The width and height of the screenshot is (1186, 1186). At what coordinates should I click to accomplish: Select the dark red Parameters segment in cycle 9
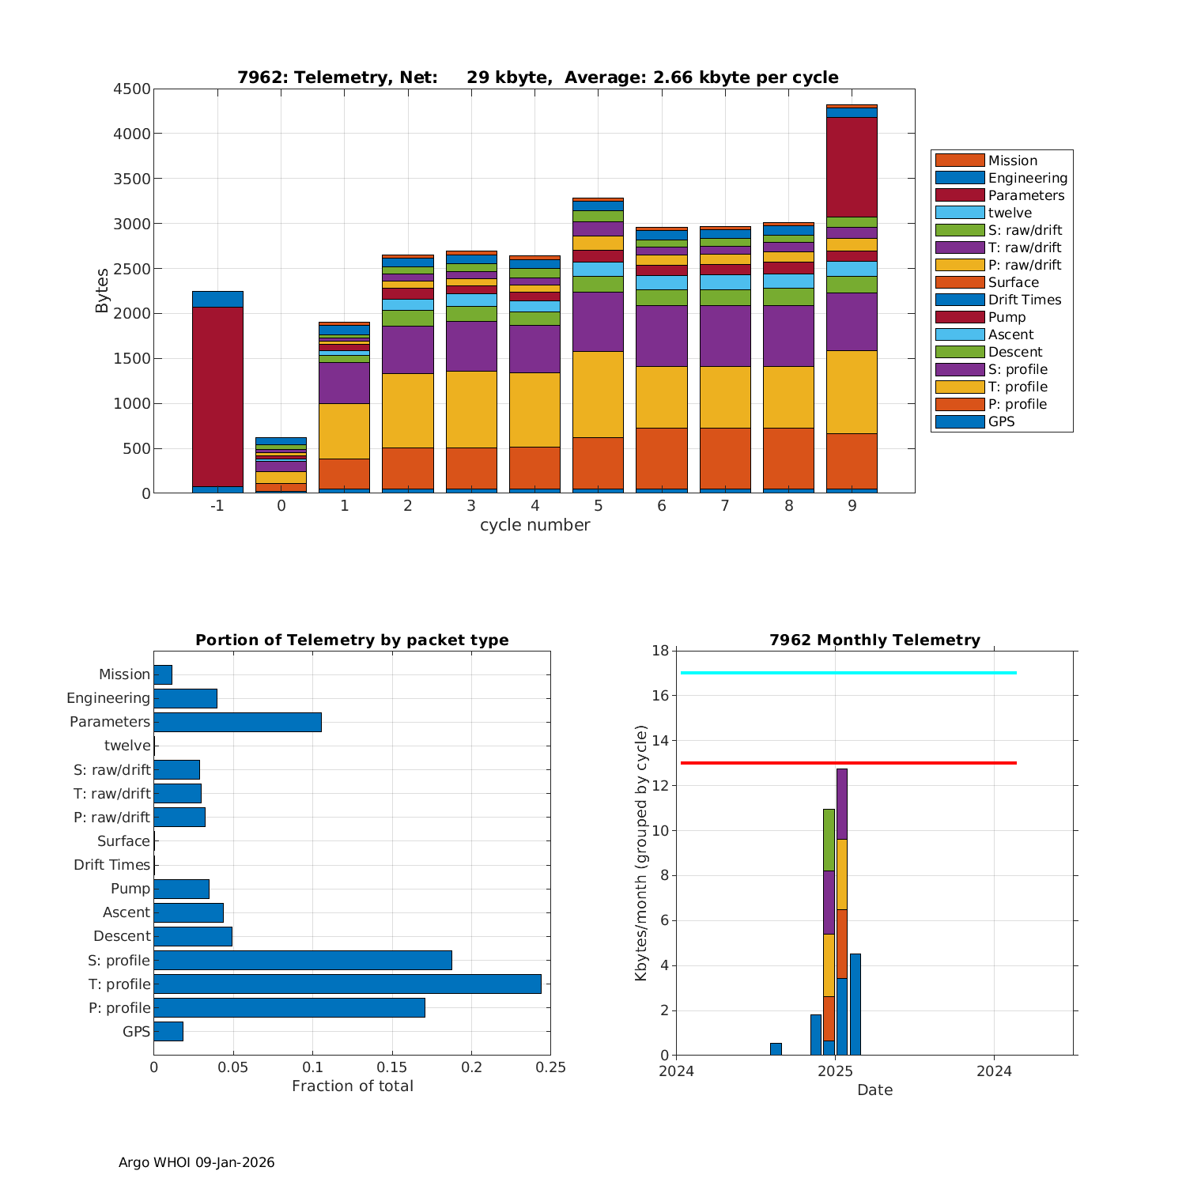point(852,166)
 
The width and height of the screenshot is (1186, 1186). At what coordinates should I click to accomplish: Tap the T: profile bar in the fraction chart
point(347,984)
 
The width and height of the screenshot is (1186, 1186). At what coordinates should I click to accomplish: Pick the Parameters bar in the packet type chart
point(237,722)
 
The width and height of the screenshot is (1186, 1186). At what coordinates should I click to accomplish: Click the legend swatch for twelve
point(959,213)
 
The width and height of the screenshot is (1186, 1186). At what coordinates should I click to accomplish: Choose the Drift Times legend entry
point(1024,300)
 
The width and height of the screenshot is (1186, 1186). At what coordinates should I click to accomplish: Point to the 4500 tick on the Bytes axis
point(132,89)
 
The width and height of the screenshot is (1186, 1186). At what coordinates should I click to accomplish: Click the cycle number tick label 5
point(598,506)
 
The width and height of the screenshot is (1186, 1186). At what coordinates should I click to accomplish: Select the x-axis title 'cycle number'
point(534,526)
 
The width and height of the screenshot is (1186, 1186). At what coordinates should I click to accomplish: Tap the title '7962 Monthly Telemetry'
point(874,640)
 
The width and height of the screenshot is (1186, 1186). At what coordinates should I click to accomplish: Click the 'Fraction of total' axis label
point(352,1086)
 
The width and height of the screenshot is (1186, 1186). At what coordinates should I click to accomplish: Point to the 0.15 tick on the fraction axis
point(392,1068)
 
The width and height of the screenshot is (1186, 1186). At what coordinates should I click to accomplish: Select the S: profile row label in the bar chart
point(119,961)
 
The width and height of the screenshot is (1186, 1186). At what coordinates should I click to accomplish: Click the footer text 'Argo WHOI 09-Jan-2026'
point(196,1162)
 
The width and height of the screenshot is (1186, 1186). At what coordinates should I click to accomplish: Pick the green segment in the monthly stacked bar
point(829,840)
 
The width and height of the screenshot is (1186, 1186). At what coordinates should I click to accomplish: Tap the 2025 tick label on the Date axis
point(835,1071)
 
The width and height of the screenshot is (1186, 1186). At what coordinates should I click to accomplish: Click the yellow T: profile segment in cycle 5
point(598,394)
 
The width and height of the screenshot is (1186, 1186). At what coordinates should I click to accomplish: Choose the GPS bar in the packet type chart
point(168,1031)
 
